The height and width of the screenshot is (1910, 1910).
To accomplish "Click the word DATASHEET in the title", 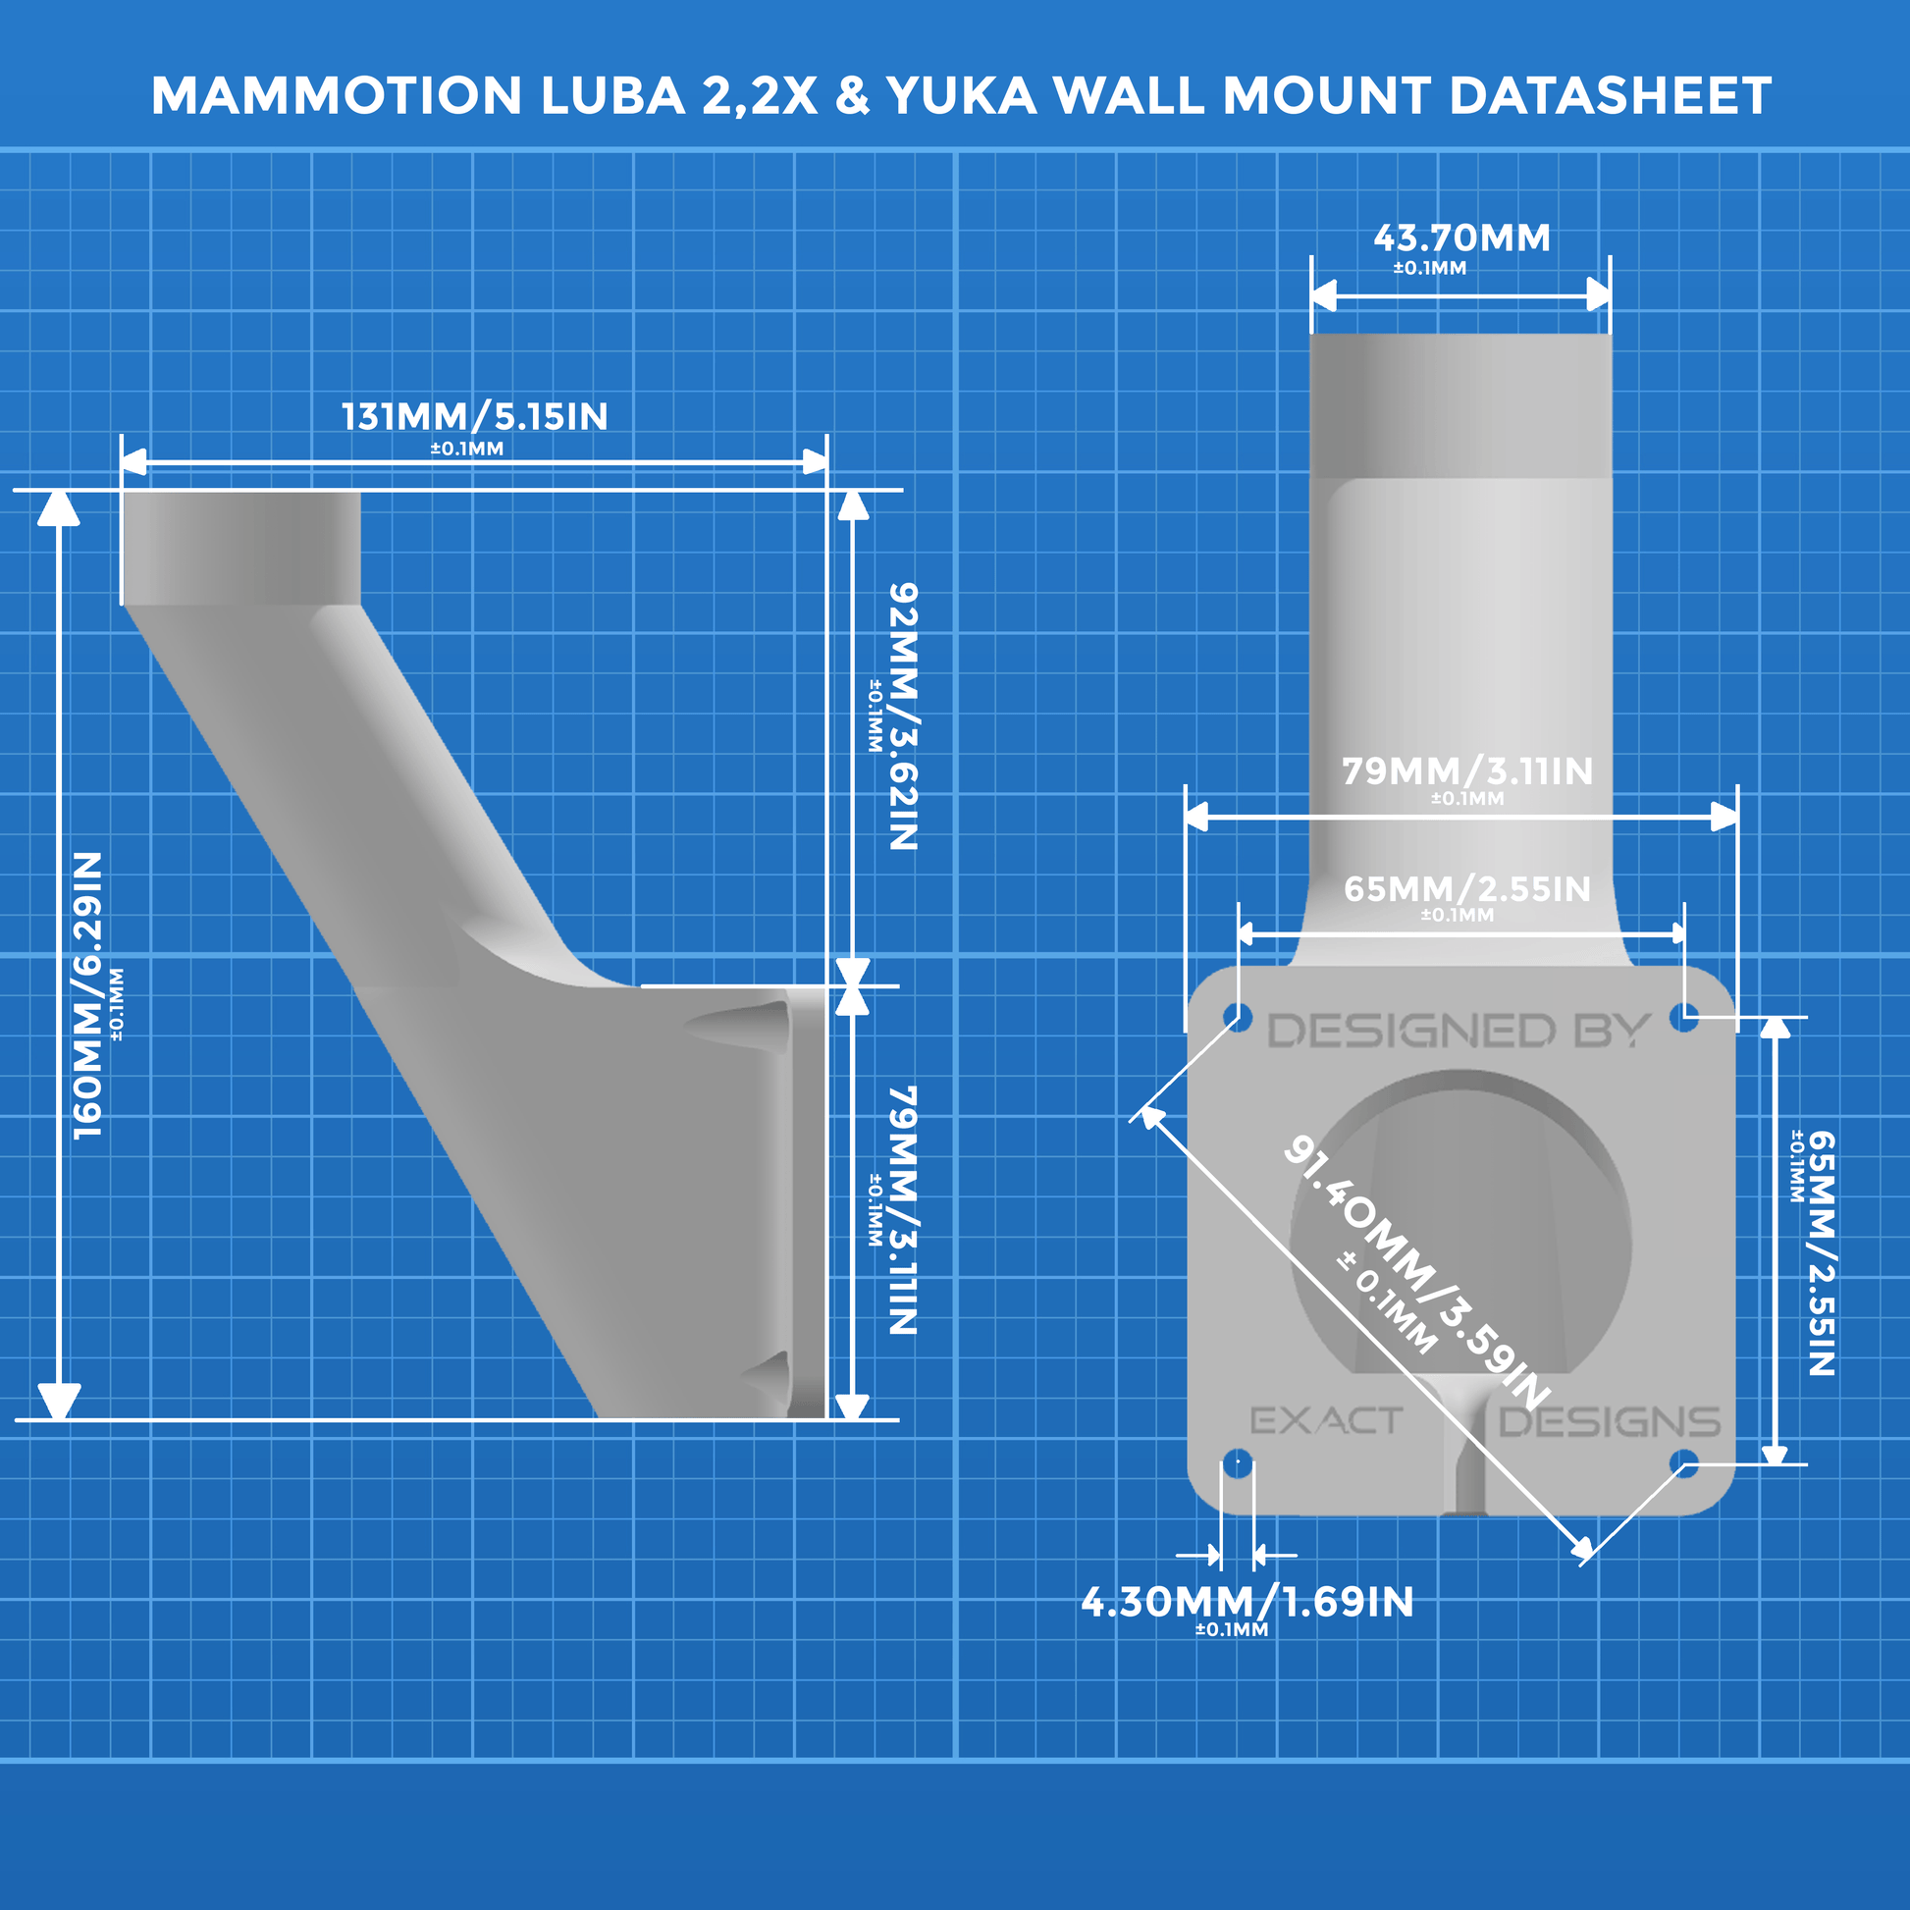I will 1610,97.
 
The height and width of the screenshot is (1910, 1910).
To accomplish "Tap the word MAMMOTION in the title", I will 336,97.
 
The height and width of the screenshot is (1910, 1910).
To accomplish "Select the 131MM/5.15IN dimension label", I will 474,417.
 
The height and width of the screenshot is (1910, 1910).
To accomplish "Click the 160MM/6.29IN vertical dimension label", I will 89,994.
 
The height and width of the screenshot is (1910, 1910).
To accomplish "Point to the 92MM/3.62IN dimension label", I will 903,716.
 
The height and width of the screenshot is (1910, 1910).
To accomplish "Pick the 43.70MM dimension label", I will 1461,239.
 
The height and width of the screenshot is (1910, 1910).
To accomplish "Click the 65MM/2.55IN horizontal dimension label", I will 1467,890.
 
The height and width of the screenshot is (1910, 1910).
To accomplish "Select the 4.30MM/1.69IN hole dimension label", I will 1247,1603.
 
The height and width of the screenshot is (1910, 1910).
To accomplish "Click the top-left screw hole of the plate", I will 1237,1016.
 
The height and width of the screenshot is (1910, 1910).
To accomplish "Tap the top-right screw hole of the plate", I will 1683,1016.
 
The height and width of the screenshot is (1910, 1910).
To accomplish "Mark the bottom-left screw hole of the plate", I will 1238,1462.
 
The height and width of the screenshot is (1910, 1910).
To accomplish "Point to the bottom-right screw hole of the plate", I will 1684,1462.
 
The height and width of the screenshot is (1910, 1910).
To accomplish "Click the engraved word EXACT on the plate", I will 1326,1421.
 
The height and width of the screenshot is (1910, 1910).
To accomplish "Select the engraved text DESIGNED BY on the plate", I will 1459,1033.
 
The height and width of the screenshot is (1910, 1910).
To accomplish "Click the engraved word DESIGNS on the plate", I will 1609,1422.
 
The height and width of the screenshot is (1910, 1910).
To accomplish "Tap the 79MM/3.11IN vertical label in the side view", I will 903,1210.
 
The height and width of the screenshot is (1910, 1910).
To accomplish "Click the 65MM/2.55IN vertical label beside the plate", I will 1821,1253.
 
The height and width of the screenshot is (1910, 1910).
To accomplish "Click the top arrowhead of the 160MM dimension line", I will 59,507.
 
